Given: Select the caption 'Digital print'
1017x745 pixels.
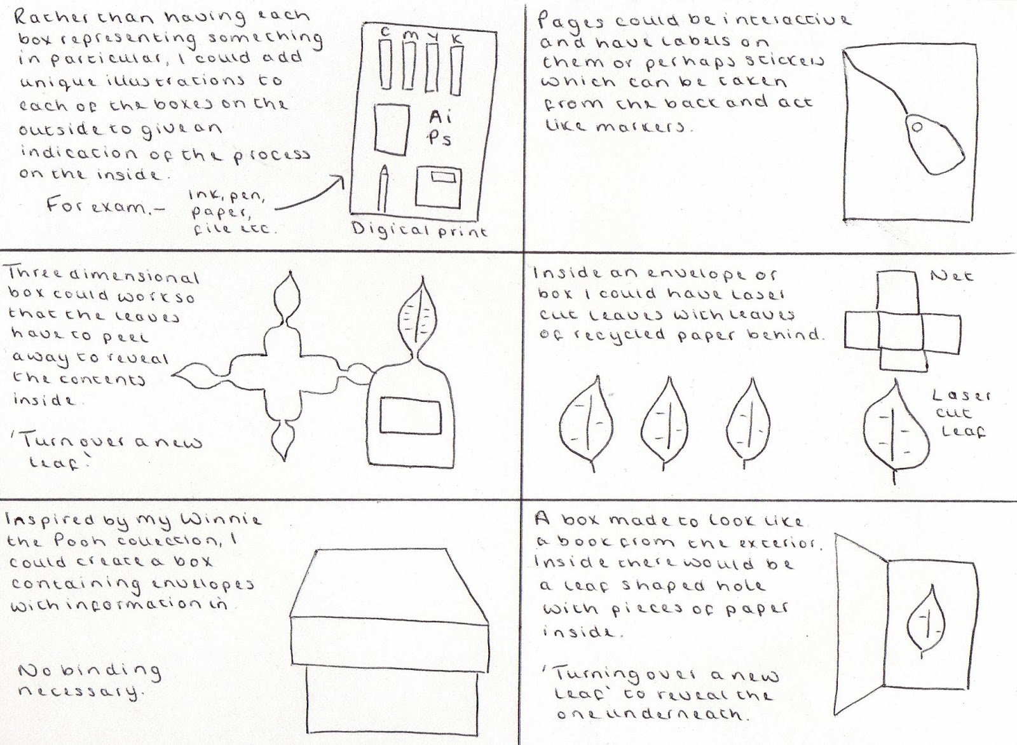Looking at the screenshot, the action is (419, 229).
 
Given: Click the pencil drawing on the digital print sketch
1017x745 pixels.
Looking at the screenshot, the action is (383, 189).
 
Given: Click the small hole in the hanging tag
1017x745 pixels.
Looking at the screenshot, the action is (917, 128).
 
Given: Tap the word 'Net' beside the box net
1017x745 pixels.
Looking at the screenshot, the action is (951, 276).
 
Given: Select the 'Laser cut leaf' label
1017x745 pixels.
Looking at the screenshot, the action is (960, 413).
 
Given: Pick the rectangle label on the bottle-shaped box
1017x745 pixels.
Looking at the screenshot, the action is (410, 415).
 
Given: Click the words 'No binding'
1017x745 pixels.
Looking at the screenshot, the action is (90, 672).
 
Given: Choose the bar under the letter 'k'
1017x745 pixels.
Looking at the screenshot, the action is (456, 70).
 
